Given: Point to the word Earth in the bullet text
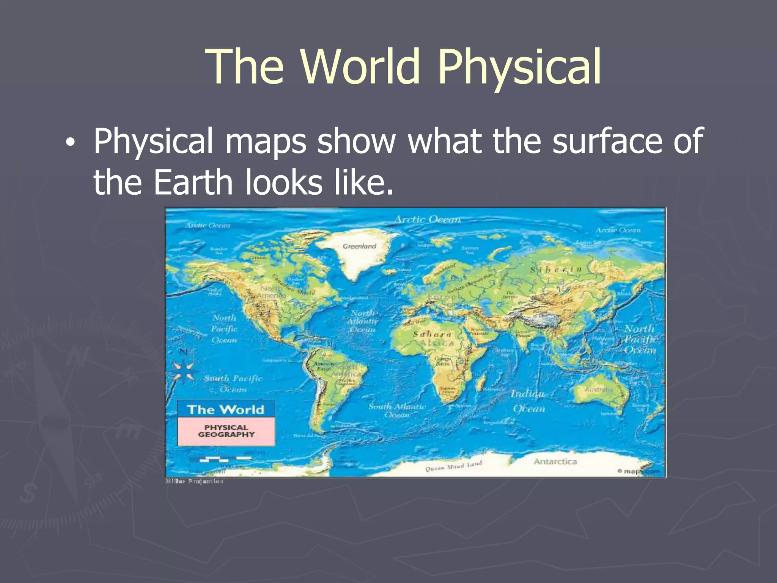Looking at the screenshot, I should pyautogui.click(x=193, y=183).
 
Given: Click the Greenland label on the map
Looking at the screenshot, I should pyautogui.click(x=359, y=246).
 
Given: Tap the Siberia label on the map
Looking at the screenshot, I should pyautogui.click(x=556, y=270).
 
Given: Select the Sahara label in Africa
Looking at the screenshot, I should pyautogui.click(x=432, y=334).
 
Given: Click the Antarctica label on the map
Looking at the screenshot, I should pyautogui.click(x=555, y=462).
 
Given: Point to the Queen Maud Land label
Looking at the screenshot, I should pyautogui.click(x=453, y=466).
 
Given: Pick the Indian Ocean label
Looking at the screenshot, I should pyautogui.click(x=528, y=401).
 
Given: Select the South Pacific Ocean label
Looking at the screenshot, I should pyautogui.click(x=233, y=384).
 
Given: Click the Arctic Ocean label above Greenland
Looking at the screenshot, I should pyautogui.click(x=428, y=219).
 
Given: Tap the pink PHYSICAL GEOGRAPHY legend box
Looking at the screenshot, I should pyautogui.click(x=226, y=431).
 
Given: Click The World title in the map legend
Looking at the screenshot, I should pyautogui.click(x=226, y=410).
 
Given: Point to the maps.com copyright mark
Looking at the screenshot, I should pyautogui.click(x=639, y=471).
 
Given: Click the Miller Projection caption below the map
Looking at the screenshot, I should pyautogui.click(x=195, y=481).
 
